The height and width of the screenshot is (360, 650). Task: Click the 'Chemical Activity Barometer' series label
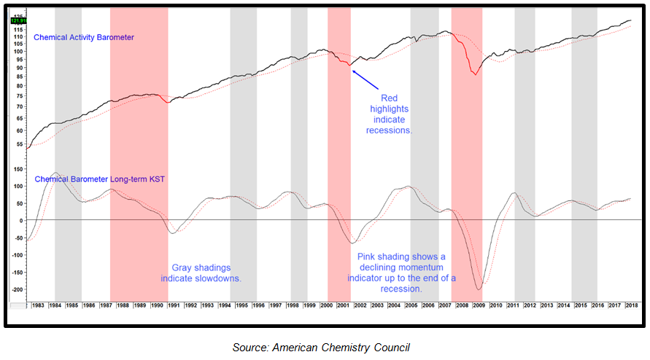(x=84, y=37)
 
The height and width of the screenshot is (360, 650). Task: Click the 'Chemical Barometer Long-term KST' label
(x=98, y=179)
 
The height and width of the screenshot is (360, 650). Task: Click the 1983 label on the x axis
(x=38, y=305)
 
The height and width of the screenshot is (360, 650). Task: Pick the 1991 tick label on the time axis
(x=174, y=305)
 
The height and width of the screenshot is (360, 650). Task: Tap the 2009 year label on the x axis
(x=479, y=305)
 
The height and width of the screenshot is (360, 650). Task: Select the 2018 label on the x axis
(x=630, y=305)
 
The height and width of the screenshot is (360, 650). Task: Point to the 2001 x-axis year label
(x=344, y=305)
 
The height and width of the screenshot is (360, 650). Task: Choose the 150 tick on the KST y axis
(x=18, y=168)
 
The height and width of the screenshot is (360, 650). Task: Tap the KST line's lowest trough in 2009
(x=478, y=290)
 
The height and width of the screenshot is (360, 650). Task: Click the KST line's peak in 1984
(x=55, y=173)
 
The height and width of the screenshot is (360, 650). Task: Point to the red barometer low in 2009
(x=475, y=74)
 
